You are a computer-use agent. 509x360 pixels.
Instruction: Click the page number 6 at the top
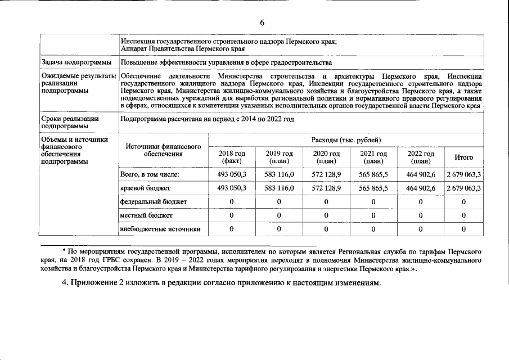[262, 22]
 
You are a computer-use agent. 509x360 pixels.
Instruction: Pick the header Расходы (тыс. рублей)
[346, 139]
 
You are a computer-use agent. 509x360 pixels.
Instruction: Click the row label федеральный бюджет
[154, 201]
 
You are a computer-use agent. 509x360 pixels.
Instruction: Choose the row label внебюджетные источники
[160, 229]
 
